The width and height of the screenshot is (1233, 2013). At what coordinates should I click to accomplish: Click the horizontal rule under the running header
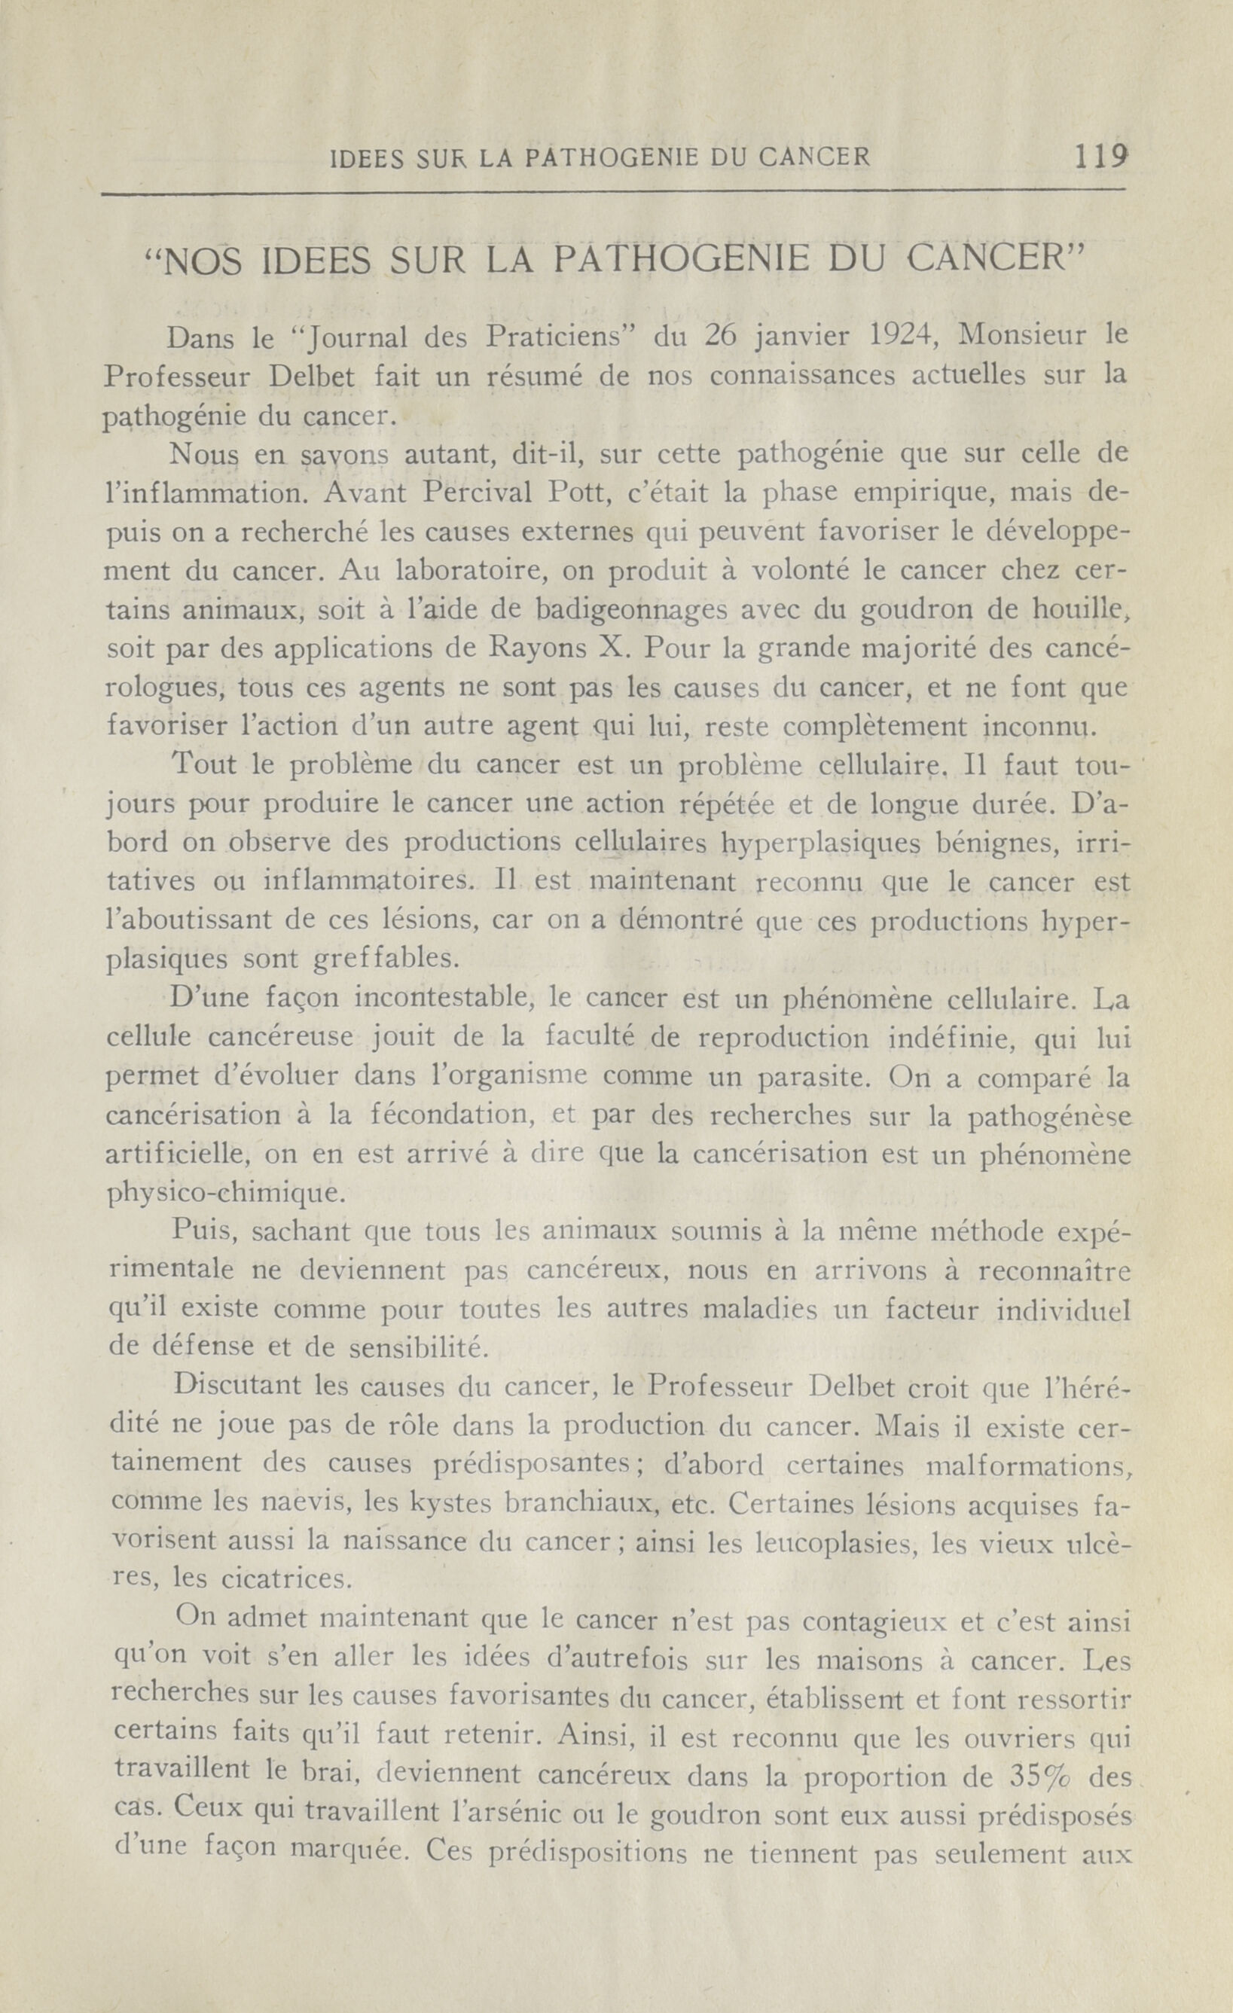click(x=613, y=192)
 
